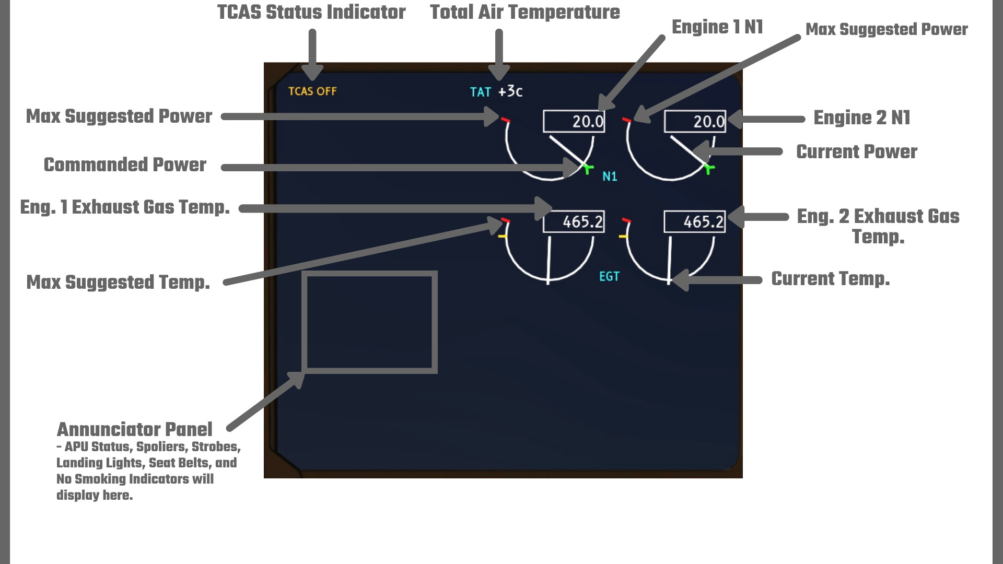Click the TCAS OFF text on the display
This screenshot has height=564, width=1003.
click(312, 91)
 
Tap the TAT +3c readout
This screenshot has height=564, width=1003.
click(496, 92)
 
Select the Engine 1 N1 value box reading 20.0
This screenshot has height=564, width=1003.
click(574, 121)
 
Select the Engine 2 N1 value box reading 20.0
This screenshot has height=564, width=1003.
click(695, 121)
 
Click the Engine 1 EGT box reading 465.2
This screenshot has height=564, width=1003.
click(574, 222)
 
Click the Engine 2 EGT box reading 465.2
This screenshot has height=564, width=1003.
click(695, 222)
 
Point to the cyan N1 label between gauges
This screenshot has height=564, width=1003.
click(610, 177)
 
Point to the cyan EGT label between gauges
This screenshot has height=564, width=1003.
click(609, 276)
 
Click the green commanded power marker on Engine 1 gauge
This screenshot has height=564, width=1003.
click(588, 168)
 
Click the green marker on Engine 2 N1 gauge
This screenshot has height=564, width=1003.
click(709, 168)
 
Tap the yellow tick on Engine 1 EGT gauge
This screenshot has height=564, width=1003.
click(503, 237)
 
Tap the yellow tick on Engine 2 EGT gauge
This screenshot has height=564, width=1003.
click(623, 237)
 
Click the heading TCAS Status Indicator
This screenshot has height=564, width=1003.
click(311, 12)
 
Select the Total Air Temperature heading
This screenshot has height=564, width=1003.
click(525, 12)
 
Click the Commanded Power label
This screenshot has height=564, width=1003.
click(125, 164)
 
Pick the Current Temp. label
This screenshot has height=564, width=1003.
click(831, 279)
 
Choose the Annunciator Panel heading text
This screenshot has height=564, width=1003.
click(134, 429)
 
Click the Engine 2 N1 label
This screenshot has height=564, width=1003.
click(862, 118)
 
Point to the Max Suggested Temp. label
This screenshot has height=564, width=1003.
click(118, 282)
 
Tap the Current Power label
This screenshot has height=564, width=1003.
click(857, 151)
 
